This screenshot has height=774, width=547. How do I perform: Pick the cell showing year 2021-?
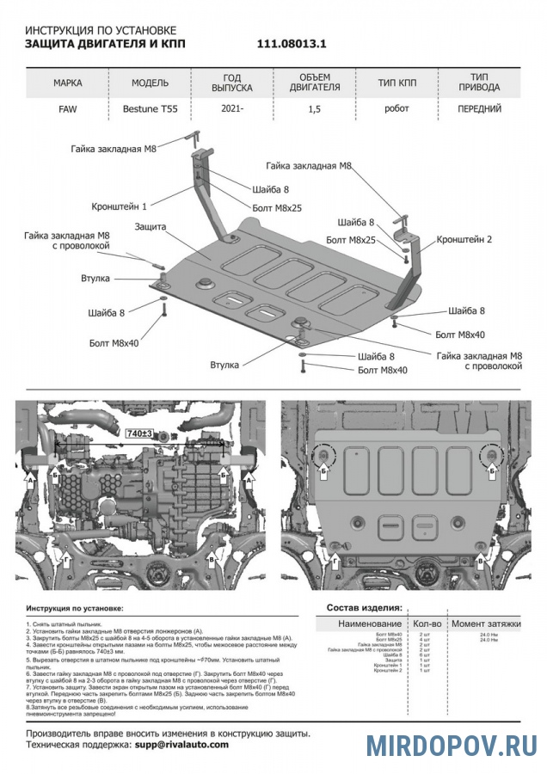click(x=231, y=109)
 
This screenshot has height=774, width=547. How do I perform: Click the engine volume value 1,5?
click(x=316, y=109)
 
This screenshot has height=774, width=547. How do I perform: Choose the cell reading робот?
click(x=396, y=108)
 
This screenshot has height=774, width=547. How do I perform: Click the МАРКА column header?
click(x=68, y=83)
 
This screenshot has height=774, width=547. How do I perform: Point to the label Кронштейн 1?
click(x=120, y=206)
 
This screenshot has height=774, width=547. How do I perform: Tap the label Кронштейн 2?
click(x=464, y=239)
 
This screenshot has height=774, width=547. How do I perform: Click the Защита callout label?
click(x=151, y=227)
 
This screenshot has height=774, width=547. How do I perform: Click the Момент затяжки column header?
click(x=486, y=623)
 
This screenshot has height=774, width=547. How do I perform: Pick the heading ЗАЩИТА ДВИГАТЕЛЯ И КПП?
click(x=115, y=43)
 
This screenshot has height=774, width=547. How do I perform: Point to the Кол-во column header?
click(x=427, y=623)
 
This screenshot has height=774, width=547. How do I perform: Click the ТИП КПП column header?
click(x=398, y=83)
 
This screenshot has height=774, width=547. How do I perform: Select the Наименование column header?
click(x=369, y=623)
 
